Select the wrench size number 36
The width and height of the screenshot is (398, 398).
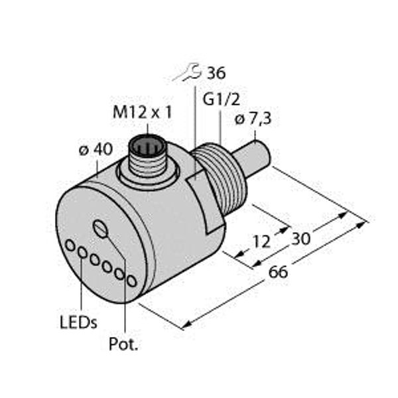pyautogui.click(x=216, y=72)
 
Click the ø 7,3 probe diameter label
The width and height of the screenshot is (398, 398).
pyautogui.click(x=253, y=119)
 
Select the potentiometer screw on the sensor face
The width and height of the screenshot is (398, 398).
pyautogui.click(x=101, y=230)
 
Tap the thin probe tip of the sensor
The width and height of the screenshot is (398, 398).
pyautogui.click(x=259, y=155)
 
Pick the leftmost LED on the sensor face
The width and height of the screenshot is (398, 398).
pyautogui.click(x=70, y=246)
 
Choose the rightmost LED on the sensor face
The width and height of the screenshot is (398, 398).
pyautogui.click(x=131, y=281)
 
